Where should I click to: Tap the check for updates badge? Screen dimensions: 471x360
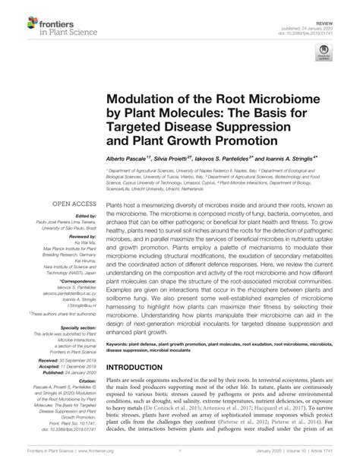(x=325, y=53)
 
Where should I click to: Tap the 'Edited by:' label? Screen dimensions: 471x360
(x=84, y=218)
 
